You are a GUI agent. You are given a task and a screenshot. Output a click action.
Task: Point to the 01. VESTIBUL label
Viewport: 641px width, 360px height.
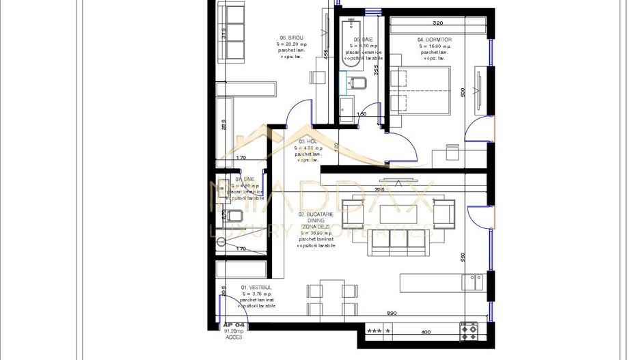[x=256, y=288]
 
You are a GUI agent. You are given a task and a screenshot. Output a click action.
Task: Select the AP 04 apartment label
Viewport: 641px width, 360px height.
[x=234, y=325]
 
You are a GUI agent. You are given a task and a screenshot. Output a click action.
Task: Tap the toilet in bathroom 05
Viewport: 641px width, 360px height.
[x=357, y=84]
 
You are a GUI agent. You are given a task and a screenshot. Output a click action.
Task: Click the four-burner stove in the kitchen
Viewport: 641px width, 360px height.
[x=469, y=332]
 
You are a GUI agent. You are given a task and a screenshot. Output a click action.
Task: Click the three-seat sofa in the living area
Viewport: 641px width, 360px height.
[x=397, y=240]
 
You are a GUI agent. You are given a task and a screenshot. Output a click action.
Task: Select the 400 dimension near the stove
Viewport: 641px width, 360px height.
[x=426, y=332]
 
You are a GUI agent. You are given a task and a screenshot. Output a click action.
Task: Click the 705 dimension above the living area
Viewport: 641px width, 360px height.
[x=380, y=189]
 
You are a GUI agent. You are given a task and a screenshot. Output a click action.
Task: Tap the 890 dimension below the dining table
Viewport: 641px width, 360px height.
[x=392, y=314]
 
